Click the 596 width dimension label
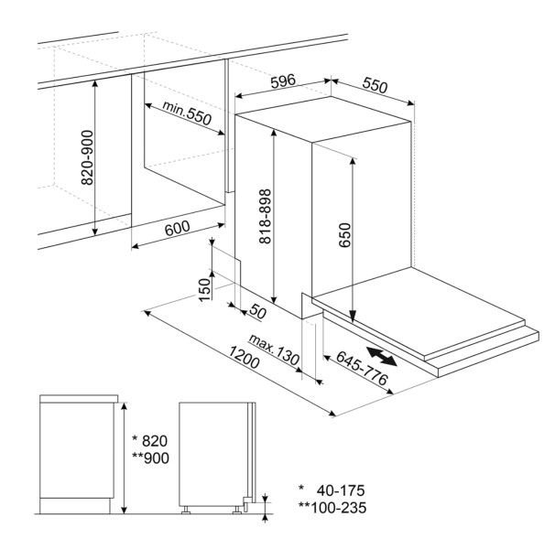(283, 81)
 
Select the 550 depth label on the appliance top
(375, 86)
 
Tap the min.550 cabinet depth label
(187, 113)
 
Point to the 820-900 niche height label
(87, 157)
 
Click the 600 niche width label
(178, 228)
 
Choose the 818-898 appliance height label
(265, 217)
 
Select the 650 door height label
(344, 235)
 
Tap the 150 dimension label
(204, 289)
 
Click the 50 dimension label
(257, 311)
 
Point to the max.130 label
(274, 350)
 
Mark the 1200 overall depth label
(244, 357)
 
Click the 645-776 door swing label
(362, 368)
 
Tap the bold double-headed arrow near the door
(381, 356)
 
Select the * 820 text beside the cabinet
(149, 441)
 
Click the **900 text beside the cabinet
(150, 458)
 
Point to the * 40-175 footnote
(332, 490)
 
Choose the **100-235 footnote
(332, 508)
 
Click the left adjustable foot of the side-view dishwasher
(185, 510)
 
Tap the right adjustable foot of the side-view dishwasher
(236, 510)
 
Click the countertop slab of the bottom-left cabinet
(79, 399)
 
